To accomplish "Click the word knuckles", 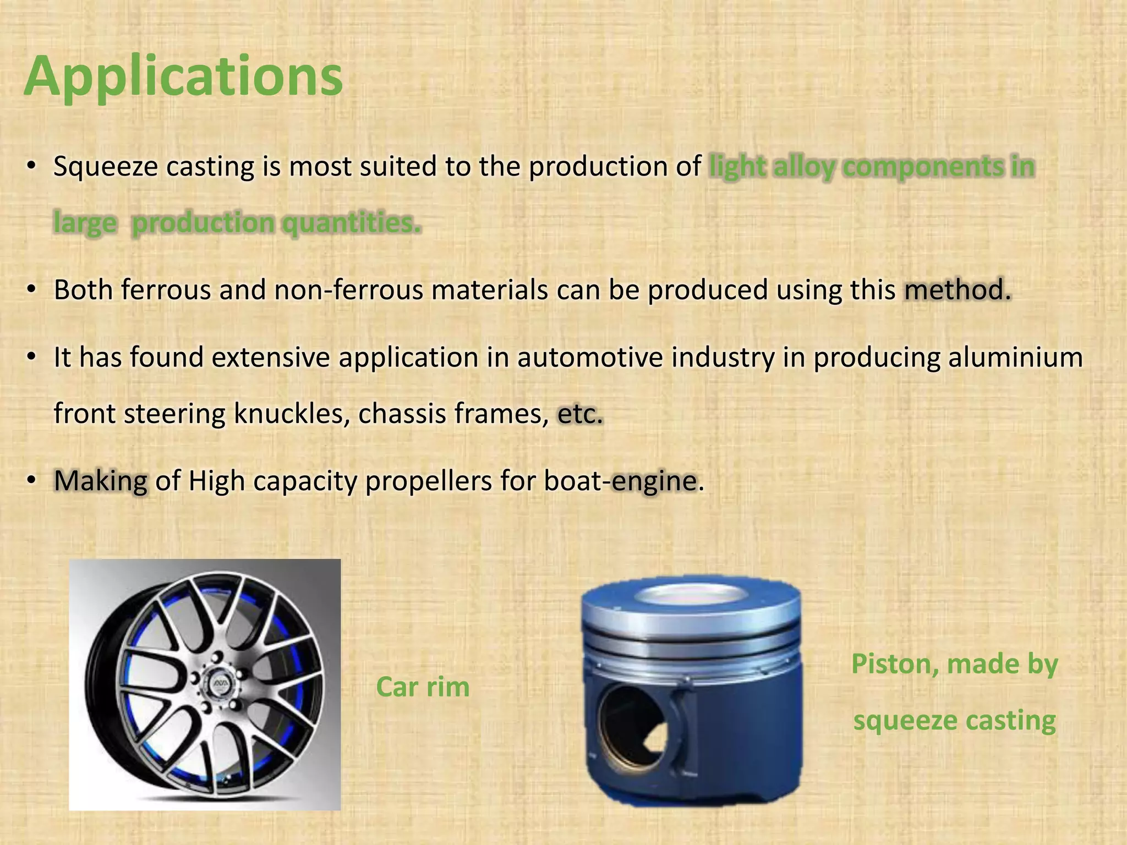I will tap(292, 414).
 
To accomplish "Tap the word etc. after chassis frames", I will tap(580, 414).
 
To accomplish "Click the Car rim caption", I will tap(423, 687).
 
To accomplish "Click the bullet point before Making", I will tap(32, 481).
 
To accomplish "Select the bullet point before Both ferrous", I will tap(32, 290).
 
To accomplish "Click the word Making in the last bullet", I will tap(101, 481).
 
